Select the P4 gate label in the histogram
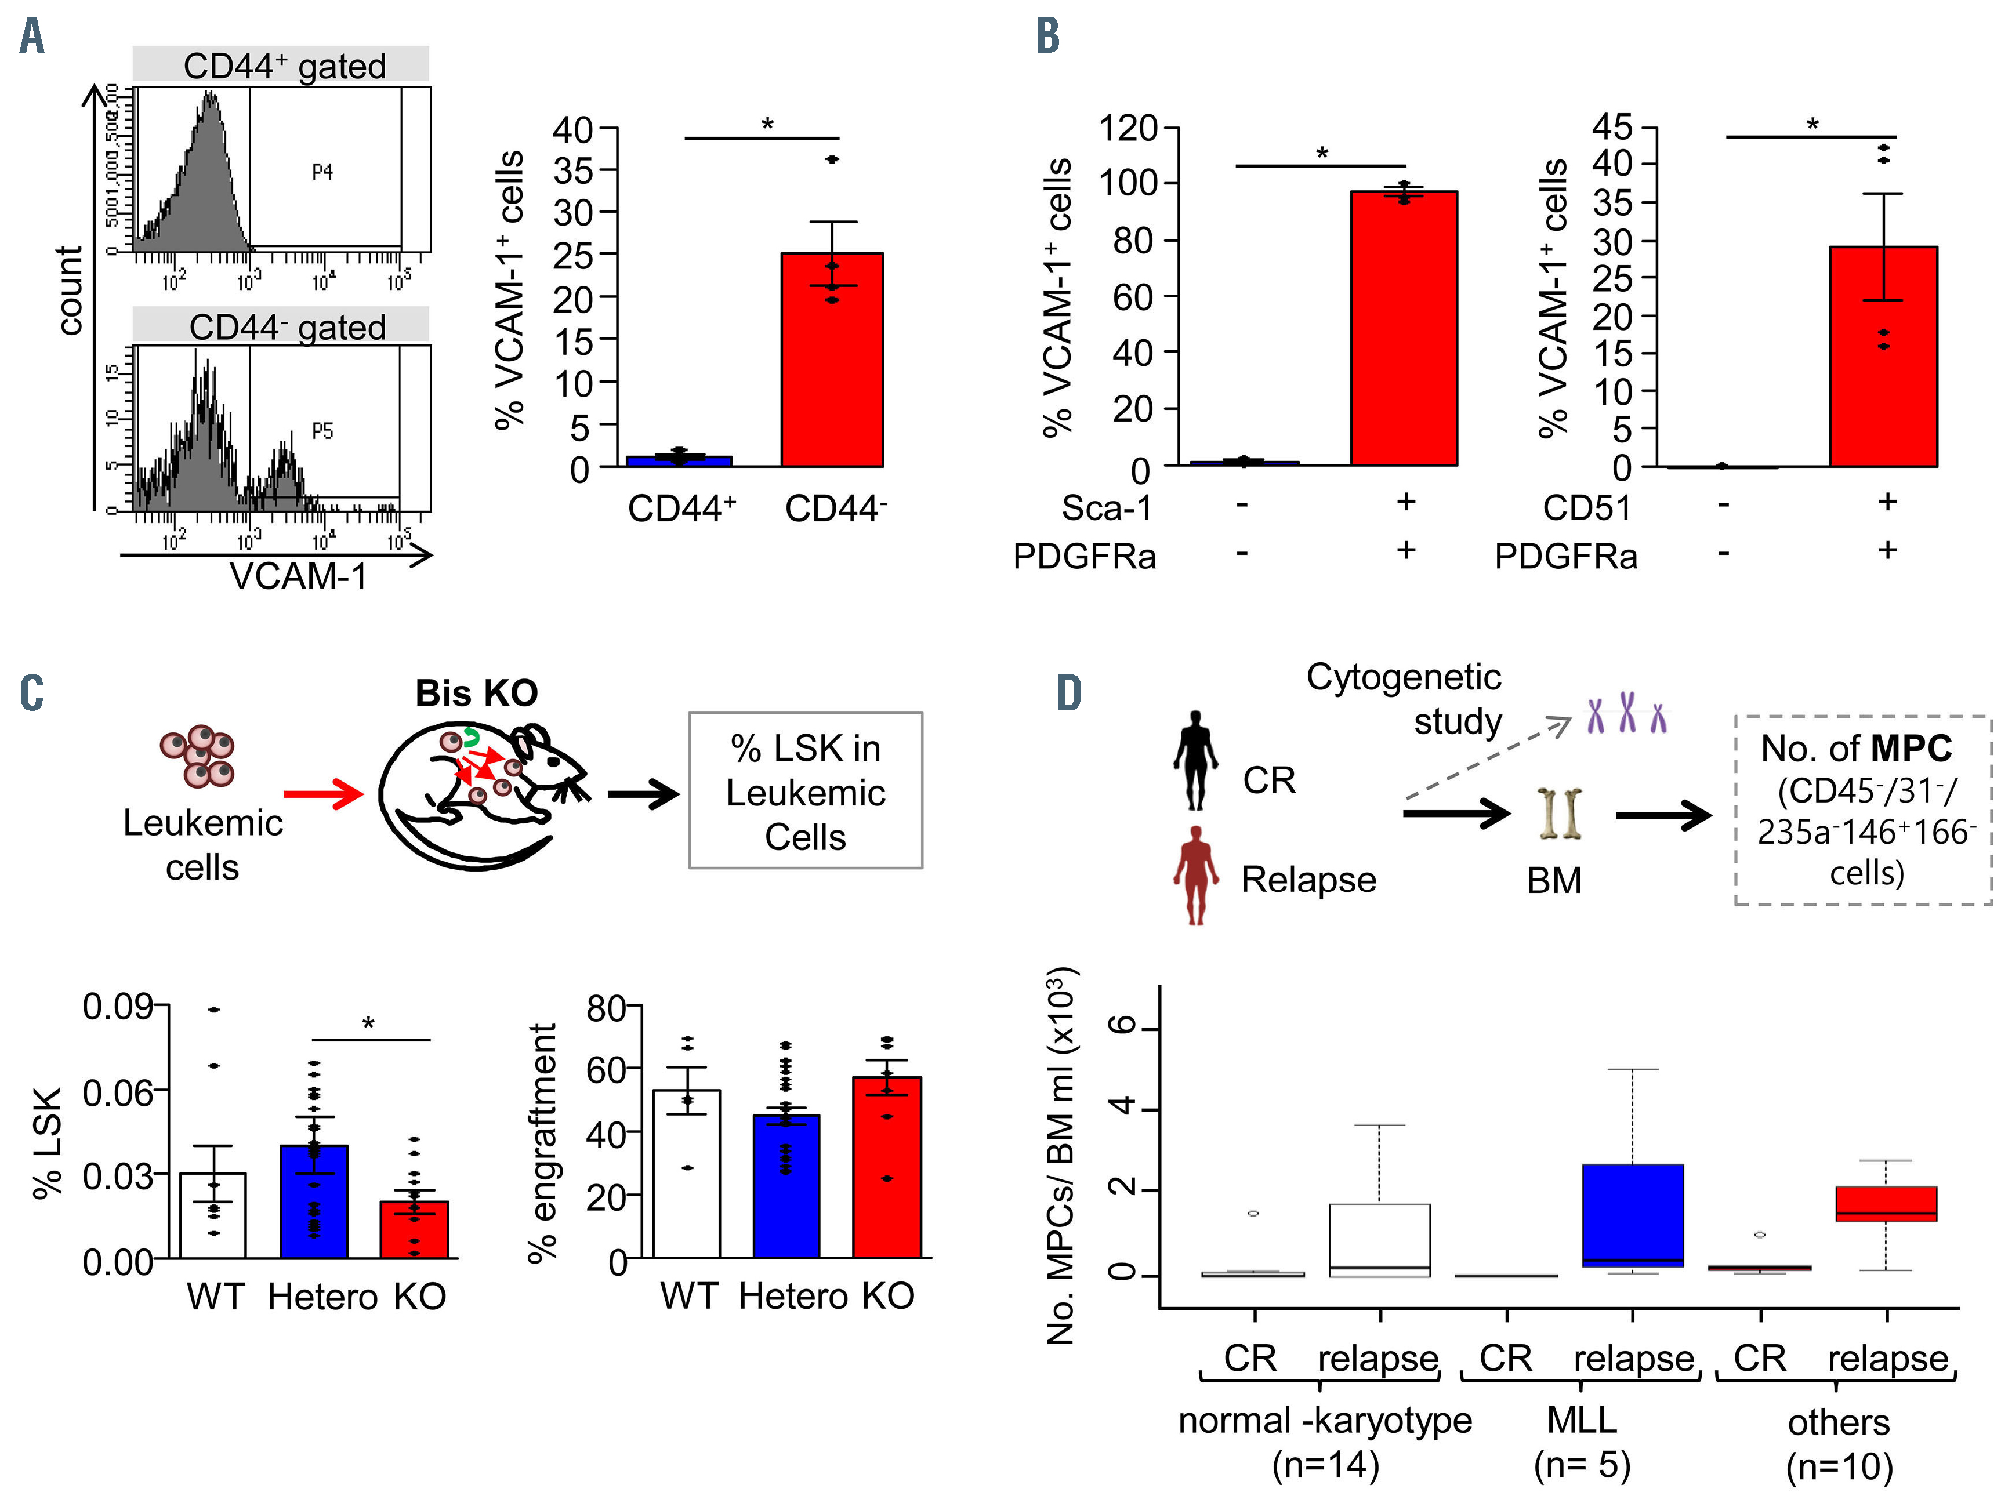tap(322, 172)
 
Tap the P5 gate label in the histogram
tap(322, 431)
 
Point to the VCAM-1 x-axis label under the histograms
tap(298, 576)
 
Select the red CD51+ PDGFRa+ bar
tap(1883, 364)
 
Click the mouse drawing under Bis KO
tap(482, 791)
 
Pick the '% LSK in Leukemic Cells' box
tap(805, 791)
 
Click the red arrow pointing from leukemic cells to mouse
tap(324, 794)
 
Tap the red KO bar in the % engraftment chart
tap(887, 1168)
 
